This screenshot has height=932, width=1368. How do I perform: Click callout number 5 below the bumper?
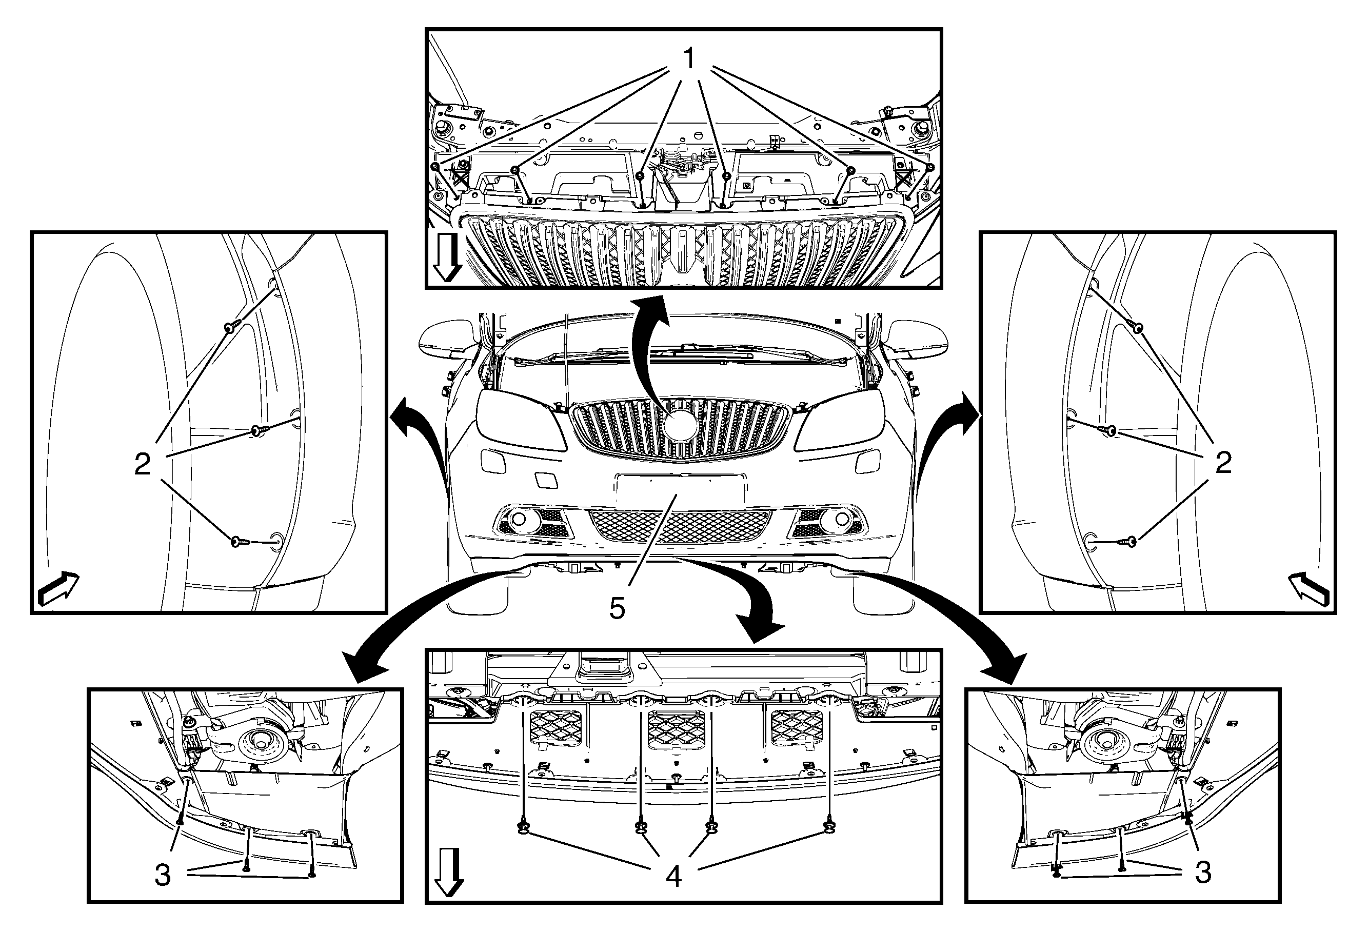617,609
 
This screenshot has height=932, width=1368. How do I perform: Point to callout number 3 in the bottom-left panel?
163,876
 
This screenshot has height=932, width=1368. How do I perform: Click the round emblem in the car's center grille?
681,425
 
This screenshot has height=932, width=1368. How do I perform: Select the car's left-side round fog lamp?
519,519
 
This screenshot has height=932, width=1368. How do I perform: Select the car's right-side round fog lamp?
842,519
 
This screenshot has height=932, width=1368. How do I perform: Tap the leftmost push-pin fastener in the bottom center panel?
522,828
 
